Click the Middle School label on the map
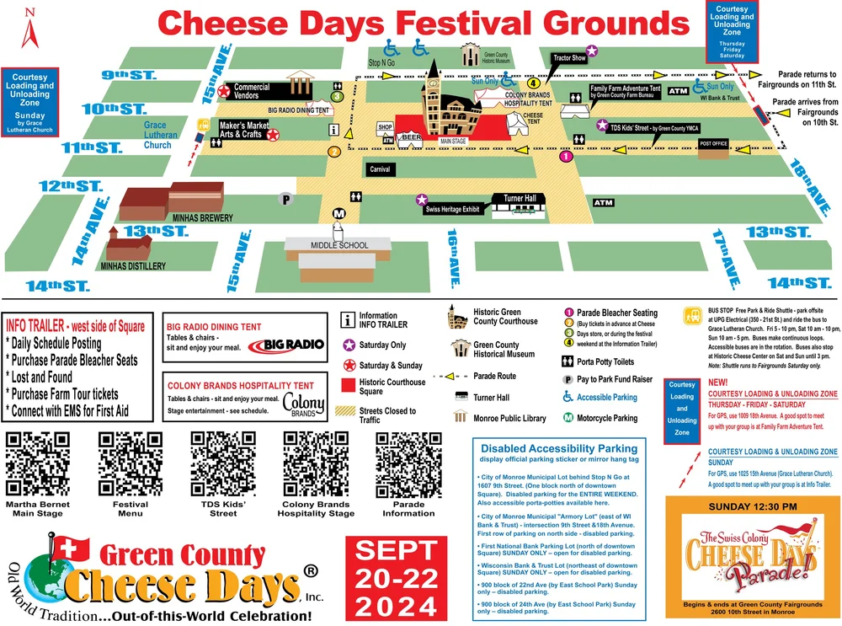[338, 245]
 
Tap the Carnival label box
[380, 169]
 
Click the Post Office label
[713, 144]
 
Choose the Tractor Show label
[569, 58]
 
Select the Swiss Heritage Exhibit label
[452, 209]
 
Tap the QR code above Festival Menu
[131, 463]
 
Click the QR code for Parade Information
[408, 463]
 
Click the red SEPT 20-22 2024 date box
[395, 577]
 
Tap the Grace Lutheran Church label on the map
[160, 135]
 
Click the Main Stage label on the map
[453, 142]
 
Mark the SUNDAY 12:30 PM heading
[753, 506]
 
